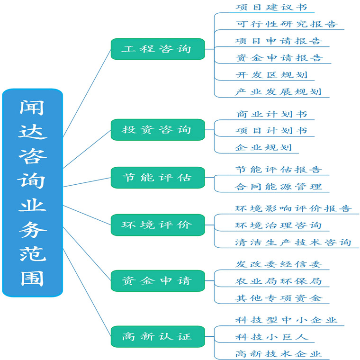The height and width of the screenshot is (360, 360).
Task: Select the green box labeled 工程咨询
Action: (158, 49)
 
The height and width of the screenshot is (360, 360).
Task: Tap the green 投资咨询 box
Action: (158, 129)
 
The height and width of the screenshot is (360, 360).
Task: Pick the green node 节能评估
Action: (158, 178)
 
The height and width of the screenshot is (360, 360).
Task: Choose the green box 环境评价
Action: (158, 225)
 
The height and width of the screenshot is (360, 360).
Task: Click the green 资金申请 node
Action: (158, 281)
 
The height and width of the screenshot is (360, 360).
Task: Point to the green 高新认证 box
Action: (158, 337)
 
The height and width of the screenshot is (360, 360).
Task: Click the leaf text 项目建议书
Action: (271, 7)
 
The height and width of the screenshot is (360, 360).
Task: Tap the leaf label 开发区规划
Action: (271, 75)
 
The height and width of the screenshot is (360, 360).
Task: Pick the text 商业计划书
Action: (271, 114)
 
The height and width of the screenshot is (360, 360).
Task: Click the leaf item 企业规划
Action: (263, 147)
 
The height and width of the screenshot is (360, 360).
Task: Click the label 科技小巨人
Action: (271, 337)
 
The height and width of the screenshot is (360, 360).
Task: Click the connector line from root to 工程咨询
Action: (87, 93)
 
